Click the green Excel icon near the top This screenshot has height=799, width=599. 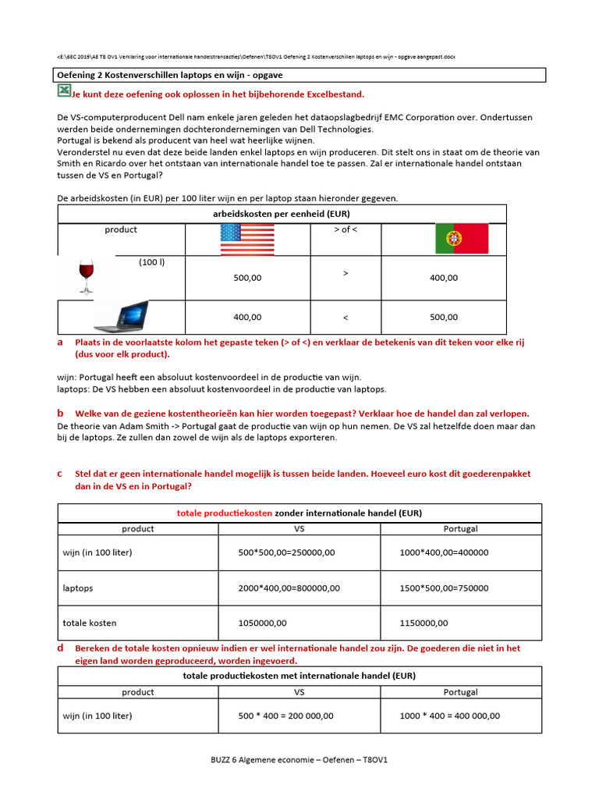[64, 92]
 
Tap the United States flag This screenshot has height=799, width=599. [247, 239]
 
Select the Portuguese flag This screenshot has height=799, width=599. [462, 237]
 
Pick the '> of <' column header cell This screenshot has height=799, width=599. [346, 229]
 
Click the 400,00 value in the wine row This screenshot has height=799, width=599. [444, 278]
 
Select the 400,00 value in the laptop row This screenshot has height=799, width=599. [247, 318]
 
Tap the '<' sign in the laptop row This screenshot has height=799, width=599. [346, 318]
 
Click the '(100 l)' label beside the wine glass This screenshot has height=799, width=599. [152, 262]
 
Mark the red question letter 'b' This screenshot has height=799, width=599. [60, 413]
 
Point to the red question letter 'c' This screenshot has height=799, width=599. [60, 474]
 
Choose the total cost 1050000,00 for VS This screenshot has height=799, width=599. [262, 623]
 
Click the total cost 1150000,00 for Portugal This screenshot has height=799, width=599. [424, 623]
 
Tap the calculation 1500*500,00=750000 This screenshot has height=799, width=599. [444, 588]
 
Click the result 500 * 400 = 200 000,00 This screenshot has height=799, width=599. [285, 716]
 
